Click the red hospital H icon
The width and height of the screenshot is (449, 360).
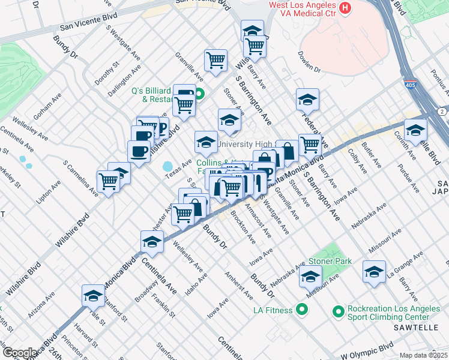click(345, 8)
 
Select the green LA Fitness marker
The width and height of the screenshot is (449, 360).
click(302, 310)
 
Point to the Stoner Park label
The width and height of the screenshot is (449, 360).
click(330, 262)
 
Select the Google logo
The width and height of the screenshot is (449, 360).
click(20, 352)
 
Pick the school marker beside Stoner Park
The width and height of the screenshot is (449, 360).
click(310, 277)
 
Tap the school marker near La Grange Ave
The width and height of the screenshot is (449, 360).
click(374, 271)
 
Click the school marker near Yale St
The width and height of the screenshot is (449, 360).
click(93, 295)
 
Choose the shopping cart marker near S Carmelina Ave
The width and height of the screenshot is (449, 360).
click(109, 180)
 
